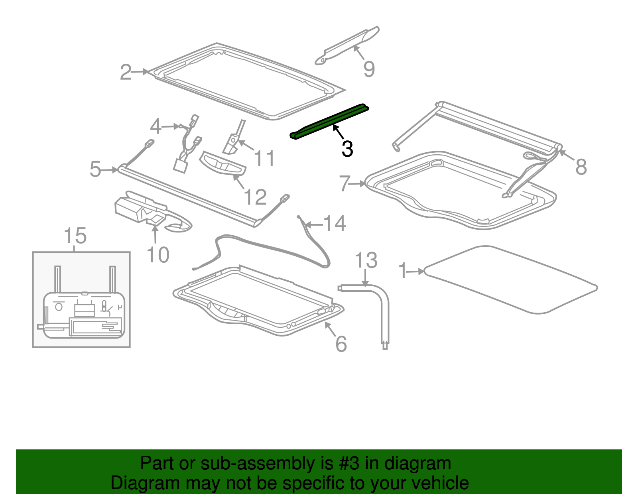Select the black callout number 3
click(x=347, y=149)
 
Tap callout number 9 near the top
click(x=369, y=69)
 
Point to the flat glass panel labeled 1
click(x=510, y=279)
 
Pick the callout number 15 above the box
click(x=75, y=236)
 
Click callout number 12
click(x=255, y=197)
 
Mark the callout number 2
click(x=126, y=72)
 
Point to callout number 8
click(x=581, y=166)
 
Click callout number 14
click(x=335, y=224)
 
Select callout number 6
click(x=341, y=344)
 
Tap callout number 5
click(x=95, y=169)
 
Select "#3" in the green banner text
click(x=349, y=463)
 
